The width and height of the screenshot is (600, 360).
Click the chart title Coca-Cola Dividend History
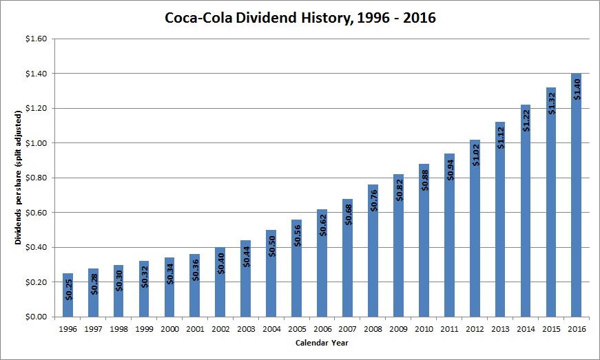point(300,18)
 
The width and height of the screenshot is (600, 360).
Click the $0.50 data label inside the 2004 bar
point(271,246)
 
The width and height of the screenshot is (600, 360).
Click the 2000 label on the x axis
point(169,328)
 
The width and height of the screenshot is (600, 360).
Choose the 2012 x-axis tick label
point(474,328)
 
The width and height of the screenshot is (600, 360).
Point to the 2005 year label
point(296,328)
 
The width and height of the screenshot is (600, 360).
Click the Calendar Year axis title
point(321,342)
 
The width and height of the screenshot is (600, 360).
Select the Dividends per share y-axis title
point(19,178)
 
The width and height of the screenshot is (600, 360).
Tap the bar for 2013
point(499,220)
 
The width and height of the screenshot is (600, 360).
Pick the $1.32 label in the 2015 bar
point(550,101)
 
